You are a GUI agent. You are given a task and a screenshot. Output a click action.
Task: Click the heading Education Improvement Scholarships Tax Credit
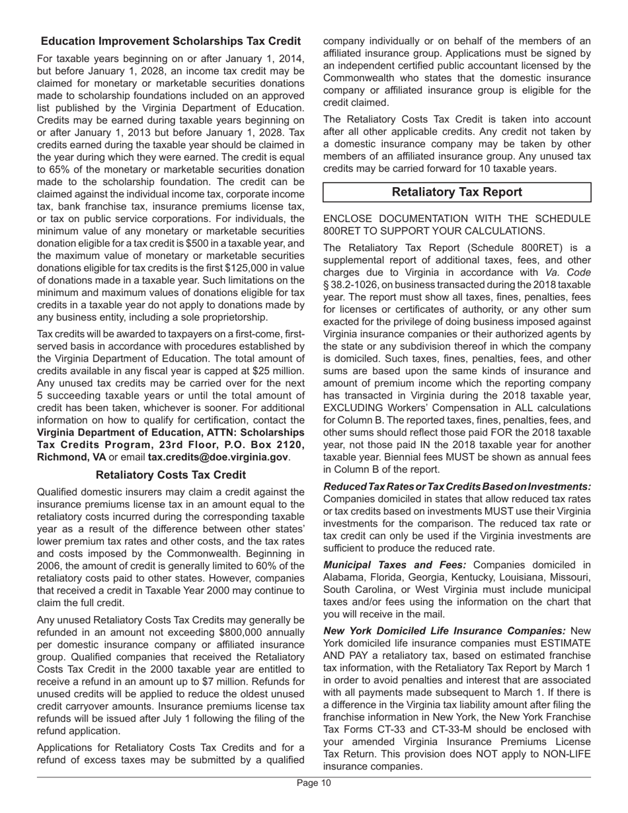pos(171,41)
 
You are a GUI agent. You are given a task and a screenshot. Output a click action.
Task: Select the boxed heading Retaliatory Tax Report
pos(456,192)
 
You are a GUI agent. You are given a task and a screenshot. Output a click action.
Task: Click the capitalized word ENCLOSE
pos(351,219)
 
